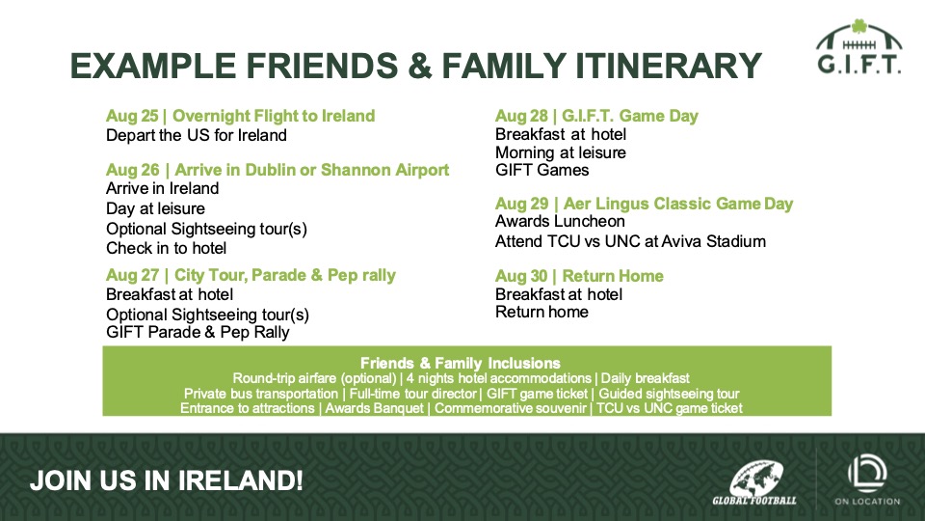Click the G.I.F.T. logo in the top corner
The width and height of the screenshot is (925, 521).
click(859, 47)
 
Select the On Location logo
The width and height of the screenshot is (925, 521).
click(867, 480)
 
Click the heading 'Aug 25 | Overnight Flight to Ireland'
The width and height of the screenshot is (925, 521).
click(240, 116)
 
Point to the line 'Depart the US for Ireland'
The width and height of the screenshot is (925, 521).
click(197, 135)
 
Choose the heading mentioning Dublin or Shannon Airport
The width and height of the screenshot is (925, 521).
click(277, 170)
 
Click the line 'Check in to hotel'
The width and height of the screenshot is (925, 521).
click(167, 248)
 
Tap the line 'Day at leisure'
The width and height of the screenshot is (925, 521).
click(156, 208)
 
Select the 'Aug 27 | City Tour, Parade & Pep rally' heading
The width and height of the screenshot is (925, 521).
click(251, 275)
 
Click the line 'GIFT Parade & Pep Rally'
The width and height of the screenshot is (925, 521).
click(198, 332)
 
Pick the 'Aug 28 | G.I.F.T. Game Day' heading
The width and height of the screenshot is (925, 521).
click(596, 116)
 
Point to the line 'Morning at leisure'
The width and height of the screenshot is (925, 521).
click(561, 152)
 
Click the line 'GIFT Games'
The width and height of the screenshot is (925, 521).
click(542, 170)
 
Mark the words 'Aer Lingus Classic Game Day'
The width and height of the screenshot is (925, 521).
click(678, 204)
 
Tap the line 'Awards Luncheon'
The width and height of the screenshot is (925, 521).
click(560, 222)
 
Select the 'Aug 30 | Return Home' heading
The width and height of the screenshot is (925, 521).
click(579, 276)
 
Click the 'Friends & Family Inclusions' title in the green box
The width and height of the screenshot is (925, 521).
click(461, 363)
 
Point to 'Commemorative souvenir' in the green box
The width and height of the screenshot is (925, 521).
click(511, 408)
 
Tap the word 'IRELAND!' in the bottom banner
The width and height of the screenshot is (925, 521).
click(241, 480)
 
